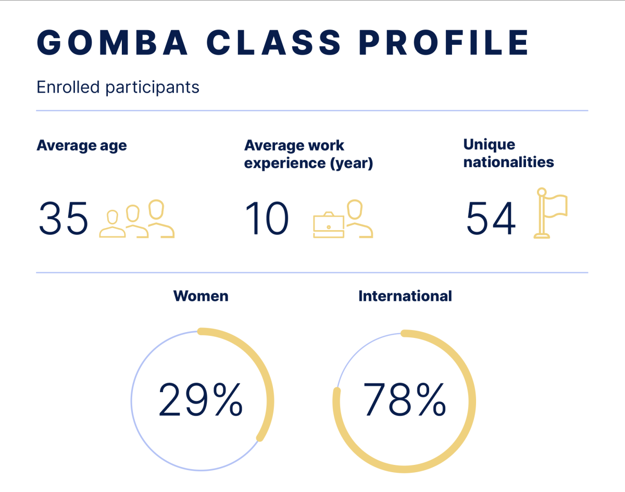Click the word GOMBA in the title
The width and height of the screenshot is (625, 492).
tap(112, 42)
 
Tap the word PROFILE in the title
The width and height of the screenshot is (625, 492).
tap(444, 42)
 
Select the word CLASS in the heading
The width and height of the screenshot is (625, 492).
tap(273, 42)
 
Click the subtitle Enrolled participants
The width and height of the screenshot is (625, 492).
tap(118, 87)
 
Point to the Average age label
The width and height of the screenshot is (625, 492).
tap(82, 145)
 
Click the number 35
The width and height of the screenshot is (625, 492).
tap(64, 218)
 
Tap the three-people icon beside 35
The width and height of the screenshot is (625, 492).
tap(137, 219)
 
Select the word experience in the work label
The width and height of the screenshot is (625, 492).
tap(284, 163)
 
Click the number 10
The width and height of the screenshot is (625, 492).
tap(267, 218)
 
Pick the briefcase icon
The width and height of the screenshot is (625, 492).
tap(329, 225)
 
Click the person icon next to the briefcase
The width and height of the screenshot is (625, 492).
tap(359, 219)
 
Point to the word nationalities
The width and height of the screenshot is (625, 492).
tap(508, 162)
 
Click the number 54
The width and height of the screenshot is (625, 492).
tap(491, 218)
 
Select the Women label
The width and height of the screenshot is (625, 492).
tap(201, 296)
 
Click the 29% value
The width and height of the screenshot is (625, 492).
tap(201, 400)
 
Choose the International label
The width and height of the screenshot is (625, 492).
tap(405, 296)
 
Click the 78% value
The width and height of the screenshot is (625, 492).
tap(405, 400)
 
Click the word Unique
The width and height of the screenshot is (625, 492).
tap(489, 145)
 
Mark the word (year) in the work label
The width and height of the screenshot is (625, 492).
tap(352, 163)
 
